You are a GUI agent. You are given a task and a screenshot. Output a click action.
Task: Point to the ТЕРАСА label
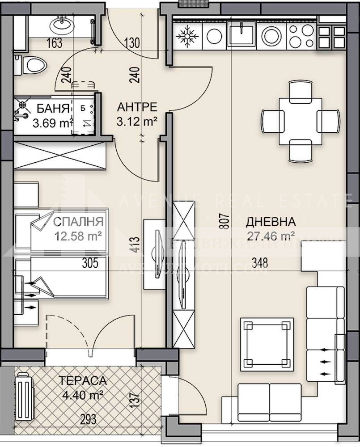84,381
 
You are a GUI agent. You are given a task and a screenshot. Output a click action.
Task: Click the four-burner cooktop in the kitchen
296,35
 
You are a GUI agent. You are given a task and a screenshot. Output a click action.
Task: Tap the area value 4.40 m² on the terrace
84,395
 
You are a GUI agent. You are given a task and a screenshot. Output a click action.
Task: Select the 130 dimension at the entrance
133,43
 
